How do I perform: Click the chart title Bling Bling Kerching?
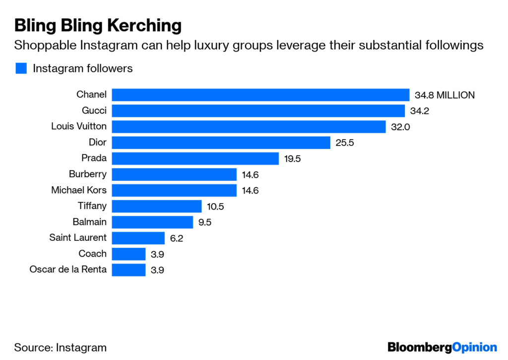point(98,26)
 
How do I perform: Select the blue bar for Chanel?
point(260,95)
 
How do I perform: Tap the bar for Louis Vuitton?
point(249,127)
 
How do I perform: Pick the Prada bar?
point(195,158)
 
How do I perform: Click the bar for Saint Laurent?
point(138,238)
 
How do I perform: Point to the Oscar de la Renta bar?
point(128,270)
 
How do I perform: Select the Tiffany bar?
point(157,206)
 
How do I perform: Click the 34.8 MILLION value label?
point(444,95)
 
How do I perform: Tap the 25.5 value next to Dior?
point(345,143)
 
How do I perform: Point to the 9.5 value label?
point(205,222)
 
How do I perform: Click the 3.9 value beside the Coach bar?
point(157,254)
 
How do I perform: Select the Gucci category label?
point(94,111)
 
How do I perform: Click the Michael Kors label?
point(79,190)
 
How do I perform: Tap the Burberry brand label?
point(87,174)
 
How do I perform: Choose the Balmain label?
point(89,222)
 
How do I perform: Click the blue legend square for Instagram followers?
point(21,69)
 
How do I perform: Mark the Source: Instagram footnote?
point(60,348)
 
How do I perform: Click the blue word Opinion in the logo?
point(474,348)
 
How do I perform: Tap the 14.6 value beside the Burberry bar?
point(250,175)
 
